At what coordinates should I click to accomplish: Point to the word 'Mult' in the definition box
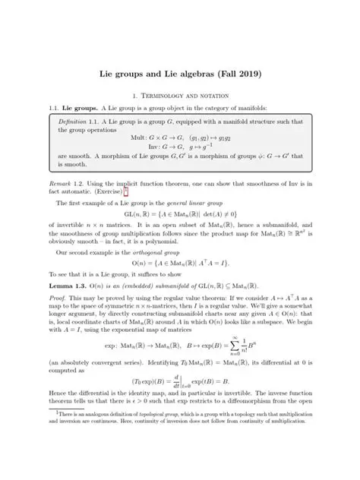138,137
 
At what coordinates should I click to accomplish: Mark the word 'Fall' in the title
225,75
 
